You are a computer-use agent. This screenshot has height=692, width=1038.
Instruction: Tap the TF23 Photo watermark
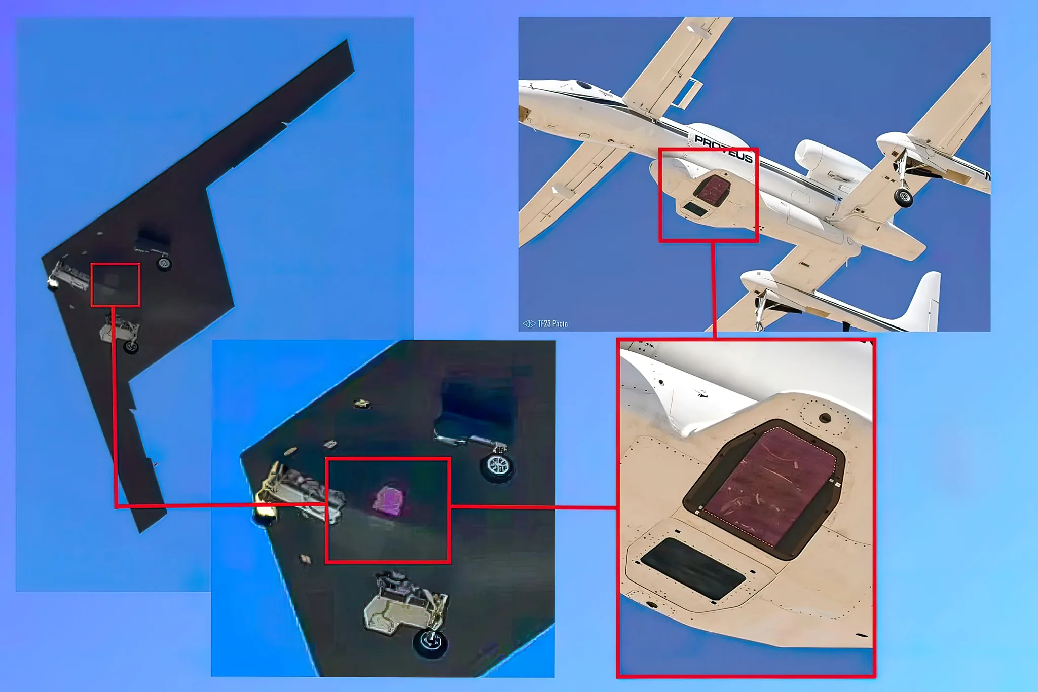(x=546, y=323)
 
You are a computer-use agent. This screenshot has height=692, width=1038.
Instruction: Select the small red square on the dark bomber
(x=116, y=285)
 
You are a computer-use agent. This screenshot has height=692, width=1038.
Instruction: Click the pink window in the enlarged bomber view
(x=389, y=501)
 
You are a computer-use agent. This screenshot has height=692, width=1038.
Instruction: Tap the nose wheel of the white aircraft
(x=903, y=198)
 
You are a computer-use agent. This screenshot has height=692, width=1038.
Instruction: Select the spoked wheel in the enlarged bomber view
(x=498, y=467)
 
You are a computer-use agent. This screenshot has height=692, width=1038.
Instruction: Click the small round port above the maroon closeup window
(x=825, y=418)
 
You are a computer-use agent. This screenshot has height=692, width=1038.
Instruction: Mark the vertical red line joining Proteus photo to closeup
(x=714, y=289)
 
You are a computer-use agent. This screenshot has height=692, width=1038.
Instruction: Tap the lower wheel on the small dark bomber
(x=131, y=347)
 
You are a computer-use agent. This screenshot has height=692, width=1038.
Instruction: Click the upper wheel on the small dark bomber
(x=164, y=264)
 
